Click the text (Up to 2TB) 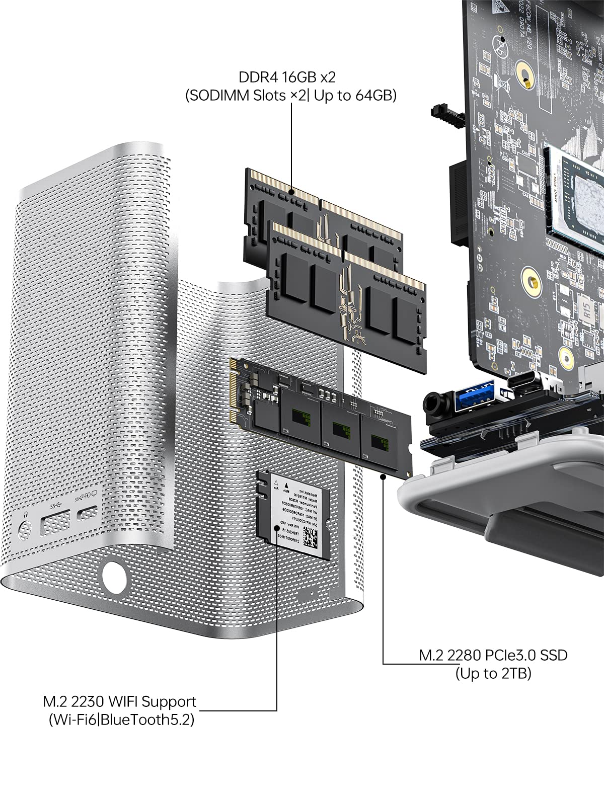(x=493, y=673)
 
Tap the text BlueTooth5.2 (x=148, y=719)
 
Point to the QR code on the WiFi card (x=312, y=538)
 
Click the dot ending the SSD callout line (x=384, y=475)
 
